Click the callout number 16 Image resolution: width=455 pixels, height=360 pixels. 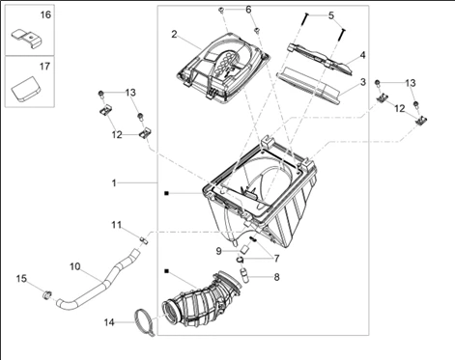click(x=45, y=14)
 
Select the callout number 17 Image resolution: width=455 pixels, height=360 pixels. click(x=45, y=67)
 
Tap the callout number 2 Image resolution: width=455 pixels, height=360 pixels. click(x=174, y=34)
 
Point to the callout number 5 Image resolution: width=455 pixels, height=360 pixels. click(x=331, y=15)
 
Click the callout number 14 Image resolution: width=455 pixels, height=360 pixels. click(x=109, y=322)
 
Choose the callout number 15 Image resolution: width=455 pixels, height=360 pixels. click(x=21, y=279)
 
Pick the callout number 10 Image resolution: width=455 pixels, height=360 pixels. click(x=75, y=266)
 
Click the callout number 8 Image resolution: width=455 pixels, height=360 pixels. click(x=276, y=277)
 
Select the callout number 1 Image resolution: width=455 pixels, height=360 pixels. click(x=114, y=183)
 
